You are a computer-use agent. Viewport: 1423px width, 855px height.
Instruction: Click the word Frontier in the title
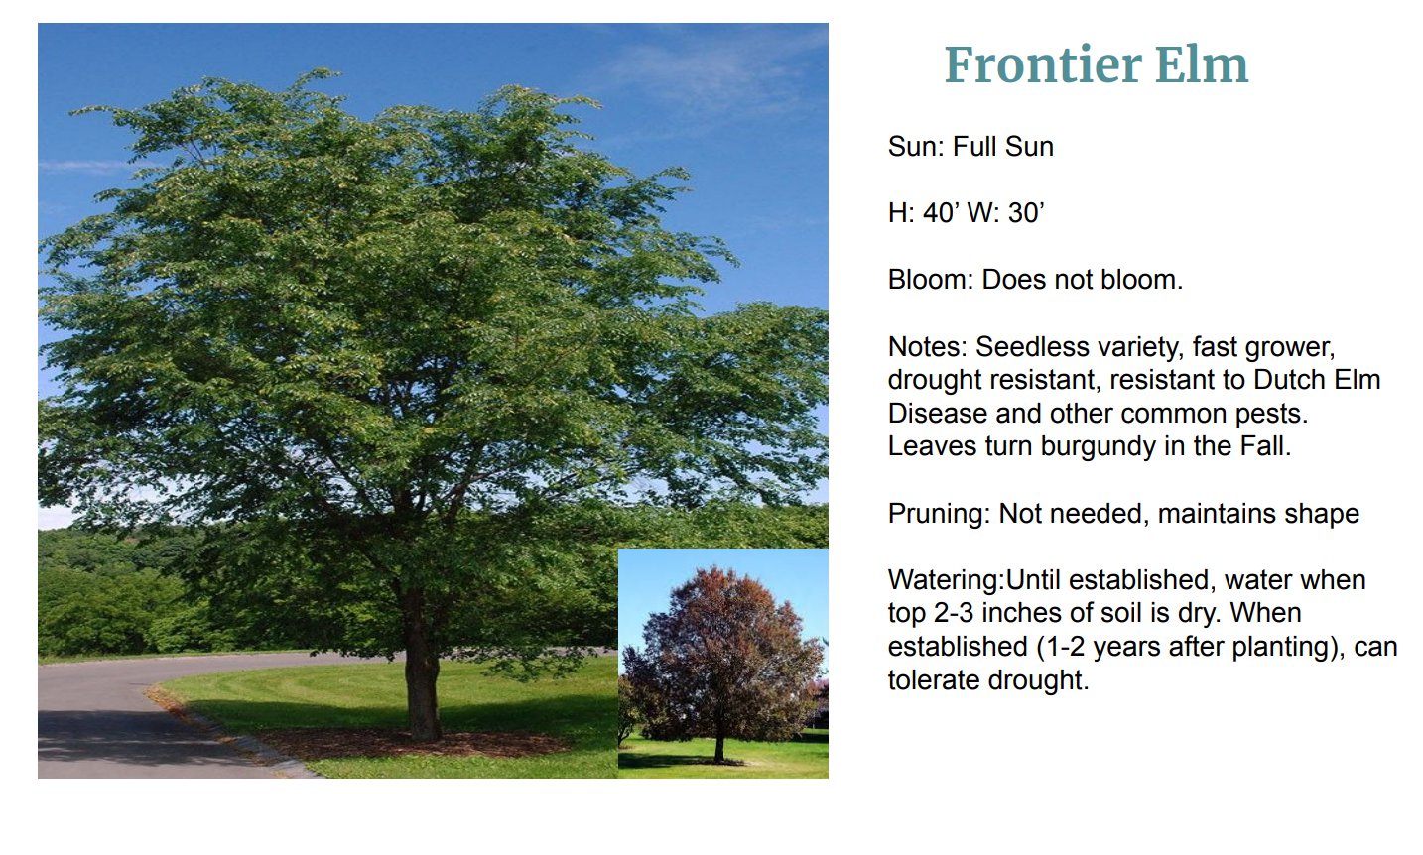(x=1043, y=64)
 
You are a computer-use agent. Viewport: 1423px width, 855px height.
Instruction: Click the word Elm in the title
(x=1202, y=64)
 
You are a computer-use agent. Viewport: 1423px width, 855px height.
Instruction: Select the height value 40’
(x=942, y=213)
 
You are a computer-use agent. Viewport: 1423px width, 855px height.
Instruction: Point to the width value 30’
(x=1026, y=213)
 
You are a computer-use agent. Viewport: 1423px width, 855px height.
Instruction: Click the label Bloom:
(x=931, y=280)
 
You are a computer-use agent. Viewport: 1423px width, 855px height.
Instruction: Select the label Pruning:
(x=940, y=513)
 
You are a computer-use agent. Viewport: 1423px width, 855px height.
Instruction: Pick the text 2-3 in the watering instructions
(x=954, y=614)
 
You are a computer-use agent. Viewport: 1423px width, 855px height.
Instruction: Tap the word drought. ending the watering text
(x=1038, y=681)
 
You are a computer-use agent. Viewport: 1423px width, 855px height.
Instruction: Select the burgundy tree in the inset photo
(x=724, y=661)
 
